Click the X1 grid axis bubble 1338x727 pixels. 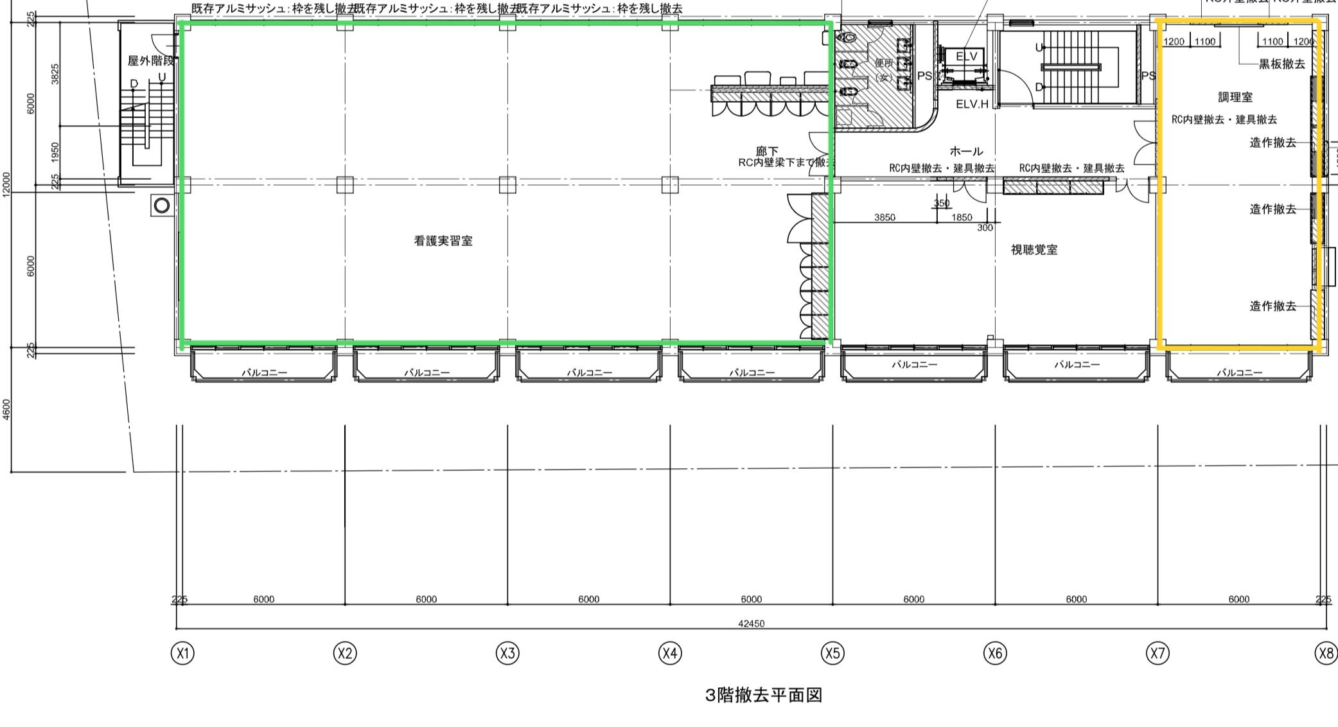pyautogui.click(x=182, y=653)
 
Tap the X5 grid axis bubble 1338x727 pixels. pyautogui.click(x=832, y=653)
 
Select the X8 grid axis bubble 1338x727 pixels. pyautogui.click(x=1326, y=653)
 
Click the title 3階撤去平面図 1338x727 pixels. pyautogui.click(x=764, y=695)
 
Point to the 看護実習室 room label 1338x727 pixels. pyautogui.click(x=443, y=241)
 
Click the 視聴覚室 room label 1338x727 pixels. pyautogui.click(x=1034, y=250)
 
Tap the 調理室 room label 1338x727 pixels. pyautogui.click(x=1235, y=97)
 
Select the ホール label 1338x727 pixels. pyautogui.click(x=966, y=152)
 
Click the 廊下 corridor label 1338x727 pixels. pyautogui.click(x=767, y=152)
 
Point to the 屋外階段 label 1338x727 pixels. pyautogui.click(x=151, y=61)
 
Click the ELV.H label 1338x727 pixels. pyautogui.click(x=972, y=104)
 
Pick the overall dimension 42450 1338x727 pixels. pyautogui.click(x=751, y=624)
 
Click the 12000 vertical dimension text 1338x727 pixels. pyautogui.click(x=7, y=184)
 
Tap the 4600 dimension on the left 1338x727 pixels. pyautogui.click(x=7, y=410)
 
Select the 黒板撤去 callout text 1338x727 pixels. pyautogui.click(x=1281, y=64)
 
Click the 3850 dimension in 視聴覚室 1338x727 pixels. pyautogui.click(x=885, y=218)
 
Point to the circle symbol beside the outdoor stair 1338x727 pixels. pyautogui.click(x=162, y=206)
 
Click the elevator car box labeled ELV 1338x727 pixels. pyautogui.click(x=966, y=57)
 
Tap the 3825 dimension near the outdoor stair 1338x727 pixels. pyautogui.click(x=55, y=73)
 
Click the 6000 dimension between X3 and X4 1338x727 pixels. pyautogui.click(x=588, y=599)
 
